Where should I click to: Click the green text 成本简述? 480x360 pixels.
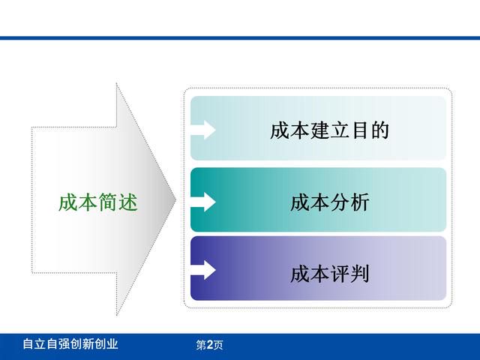click(x=98, y=202)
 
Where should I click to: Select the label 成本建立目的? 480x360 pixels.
click(x=329, y=130)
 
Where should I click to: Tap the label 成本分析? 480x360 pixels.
click(x=330, y=202)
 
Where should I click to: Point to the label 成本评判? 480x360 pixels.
click(x=330, y=274)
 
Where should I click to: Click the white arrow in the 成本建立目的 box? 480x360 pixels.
click(x=203, y=130)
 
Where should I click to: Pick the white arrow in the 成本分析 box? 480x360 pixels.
click(x=203, y=202)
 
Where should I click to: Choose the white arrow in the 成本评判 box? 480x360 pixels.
click(x=203, y=270)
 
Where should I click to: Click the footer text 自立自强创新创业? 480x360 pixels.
click(x=70, y=344)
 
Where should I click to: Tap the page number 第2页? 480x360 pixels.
click(x=209, y=345)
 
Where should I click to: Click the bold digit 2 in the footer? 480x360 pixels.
click(x=210, y=345)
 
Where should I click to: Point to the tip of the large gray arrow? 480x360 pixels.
click(x=176, y=200)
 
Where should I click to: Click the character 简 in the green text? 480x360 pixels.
click(x=108, y=202)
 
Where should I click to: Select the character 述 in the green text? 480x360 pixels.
click(x=128, y=202)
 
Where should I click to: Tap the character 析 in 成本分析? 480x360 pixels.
click(x=360, y=202)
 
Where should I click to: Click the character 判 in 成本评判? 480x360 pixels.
click(x=360, y=274)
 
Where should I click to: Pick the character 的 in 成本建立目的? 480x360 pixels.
click(x=379, y=130)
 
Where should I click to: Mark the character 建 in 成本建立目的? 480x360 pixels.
click(x=320, y=130)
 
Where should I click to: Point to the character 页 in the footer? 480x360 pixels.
click(x=218, y=345)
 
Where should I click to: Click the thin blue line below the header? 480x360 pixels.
click(x=240, y=38)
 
